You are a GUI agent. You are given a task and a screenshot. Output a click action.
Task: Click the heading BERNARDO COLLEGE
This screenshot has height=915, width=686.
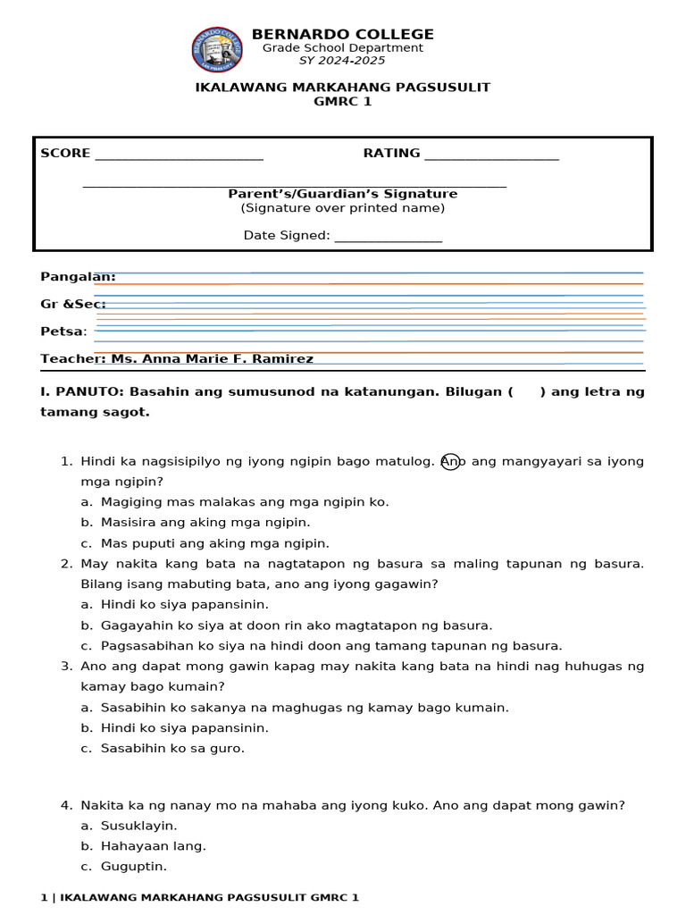[x=342, y=34]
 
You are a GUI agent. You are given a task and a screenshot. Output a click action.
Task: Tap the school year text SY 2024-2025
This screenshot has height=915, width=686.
[x=342, y=61]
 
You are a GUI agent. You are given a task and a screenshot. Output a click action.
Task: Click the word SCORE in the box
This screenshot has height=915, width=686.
[x=65, y=153]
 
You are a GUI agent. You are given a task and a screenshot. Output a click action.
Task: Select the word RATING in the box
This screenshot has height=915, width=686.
[x=391, y=153]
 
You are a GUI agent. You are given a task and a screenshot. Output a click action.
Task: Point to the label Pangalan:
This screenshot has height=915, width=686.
[x=78, y=277]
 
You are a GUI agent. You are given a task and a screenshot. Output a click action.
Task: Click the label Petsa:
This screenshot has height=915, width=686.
[x=63, y=332]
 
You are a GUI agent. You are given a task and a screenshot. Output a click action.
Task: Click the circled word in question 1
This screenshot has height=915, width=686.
[x=451, y=461]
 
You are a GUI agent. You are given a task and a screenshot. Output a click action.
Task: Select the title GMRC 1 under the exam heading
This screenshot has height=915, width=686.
[x=342, y=101]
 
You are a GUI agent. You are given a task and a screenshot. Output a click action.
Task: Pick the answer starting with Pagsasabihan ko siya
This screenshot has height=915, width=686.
[x=330, y=645]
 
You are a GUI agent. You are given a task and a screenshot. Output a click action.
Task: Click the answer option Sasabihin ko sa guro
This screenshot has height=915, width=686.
[x=172, y=748]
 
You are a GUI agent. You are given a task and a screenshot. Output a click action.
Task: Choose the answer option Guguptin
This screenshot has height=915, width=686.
[x=134, y=866]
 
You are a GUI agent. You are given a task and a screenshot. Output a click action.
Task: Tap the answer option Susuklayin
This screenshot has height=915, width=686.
[x=138, y=825]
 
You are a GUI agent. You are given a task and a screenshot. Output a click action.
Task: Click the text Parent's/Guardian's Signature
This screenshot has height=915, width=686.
[x=342, y=194]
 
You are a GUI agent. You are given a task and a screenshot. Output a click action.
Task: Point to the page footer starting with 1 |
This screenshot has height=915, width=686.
[x=199, y=896]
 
